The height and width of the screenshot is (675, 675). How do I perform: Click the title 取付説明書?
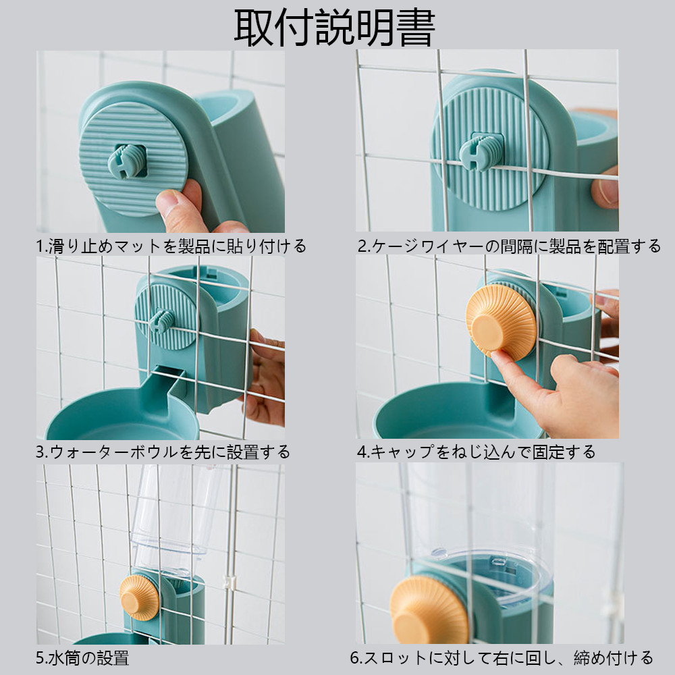pyautogui.click(x=335, y=27)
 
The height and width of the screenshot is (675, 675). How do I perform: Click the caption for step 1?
pyautogui.click(x=171, y=246)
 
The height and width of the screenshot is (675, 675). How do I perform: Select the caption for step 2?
pyautogui.click(x=509, y=246)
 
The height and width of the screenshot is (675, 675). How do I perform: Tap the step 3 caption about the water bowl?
pyautogui.click(x=163, y=451)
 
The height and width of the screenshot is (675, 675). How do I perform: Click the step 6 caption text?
pyautogui.click(x=501, y=656)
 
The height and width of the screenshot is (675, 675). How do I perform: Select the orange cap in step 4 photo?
pyautogui.click(x=500, y=320)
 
